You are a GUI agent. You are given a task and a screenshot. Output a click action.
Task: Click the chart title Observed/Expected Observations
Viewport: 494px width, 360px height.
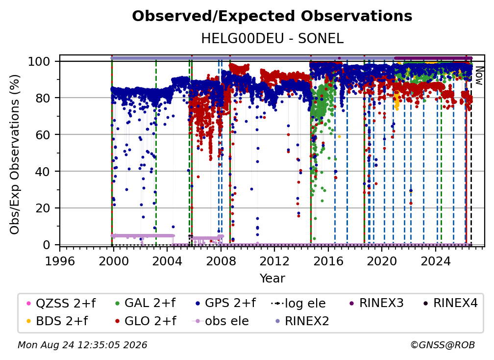coord(272,16)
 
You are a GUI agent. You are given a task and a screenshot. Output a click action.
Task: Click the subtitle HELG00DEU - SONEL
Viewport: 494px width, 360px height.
coord(272,39)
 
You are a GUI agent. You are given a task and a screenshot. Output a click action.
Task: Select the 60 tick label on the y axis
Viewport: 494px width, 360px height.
coord(43,135)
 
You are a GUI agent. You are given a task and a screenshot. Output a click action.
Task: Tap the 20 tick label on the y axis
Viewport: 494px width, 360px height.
coord(43,208)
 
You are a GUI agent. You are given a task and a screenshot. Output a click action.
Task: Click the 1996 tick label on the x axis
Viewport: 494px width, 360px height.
coord(60,261)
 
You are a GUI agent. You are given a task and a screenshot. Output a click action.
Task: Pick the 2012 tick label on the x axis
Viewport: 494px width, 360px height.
coord(274,261)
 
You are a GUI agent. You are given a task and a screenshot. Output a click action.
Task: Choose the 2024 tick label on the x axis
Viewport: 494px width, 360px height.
coord(436,261)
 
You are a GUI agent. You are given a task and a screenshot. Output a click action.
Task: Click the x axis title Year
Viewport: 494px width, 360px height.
coord(272,279)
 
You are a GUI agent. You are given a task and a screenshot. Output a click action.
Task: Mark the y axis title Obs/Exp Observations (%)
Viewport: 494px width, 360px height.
coord(15,154)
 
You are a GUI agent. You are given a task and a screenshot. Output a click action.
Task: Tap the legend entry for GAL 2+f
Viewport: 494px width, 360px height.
coord(145,303)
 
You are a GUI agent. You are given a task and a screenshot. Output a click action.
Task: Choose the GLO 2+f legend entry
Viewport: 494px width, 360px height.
coord(146,321)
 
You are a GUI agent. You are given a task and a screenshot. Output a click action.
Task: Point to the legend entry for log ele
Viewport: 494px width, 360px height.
coord(298,303)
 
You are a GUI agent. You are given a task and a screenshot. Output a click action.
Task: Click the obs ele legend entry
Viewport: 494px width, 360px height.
coord(220,321)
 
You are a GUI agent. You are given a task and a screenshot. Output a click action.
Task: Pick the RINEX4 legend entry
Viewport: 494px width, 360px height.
coord(450,303)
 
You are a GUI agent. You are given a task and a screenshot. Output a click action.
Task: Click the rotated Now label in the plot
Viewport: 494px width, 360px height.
coord(478,76)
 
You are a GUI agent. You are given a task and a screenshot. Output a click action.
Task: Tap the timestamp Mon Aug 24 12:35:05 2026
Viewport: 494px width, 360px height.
coord(82,345)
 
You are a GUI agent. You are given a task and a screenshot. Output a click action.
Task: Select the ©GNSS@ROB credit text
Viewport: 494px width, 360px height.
coord(443,345)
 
